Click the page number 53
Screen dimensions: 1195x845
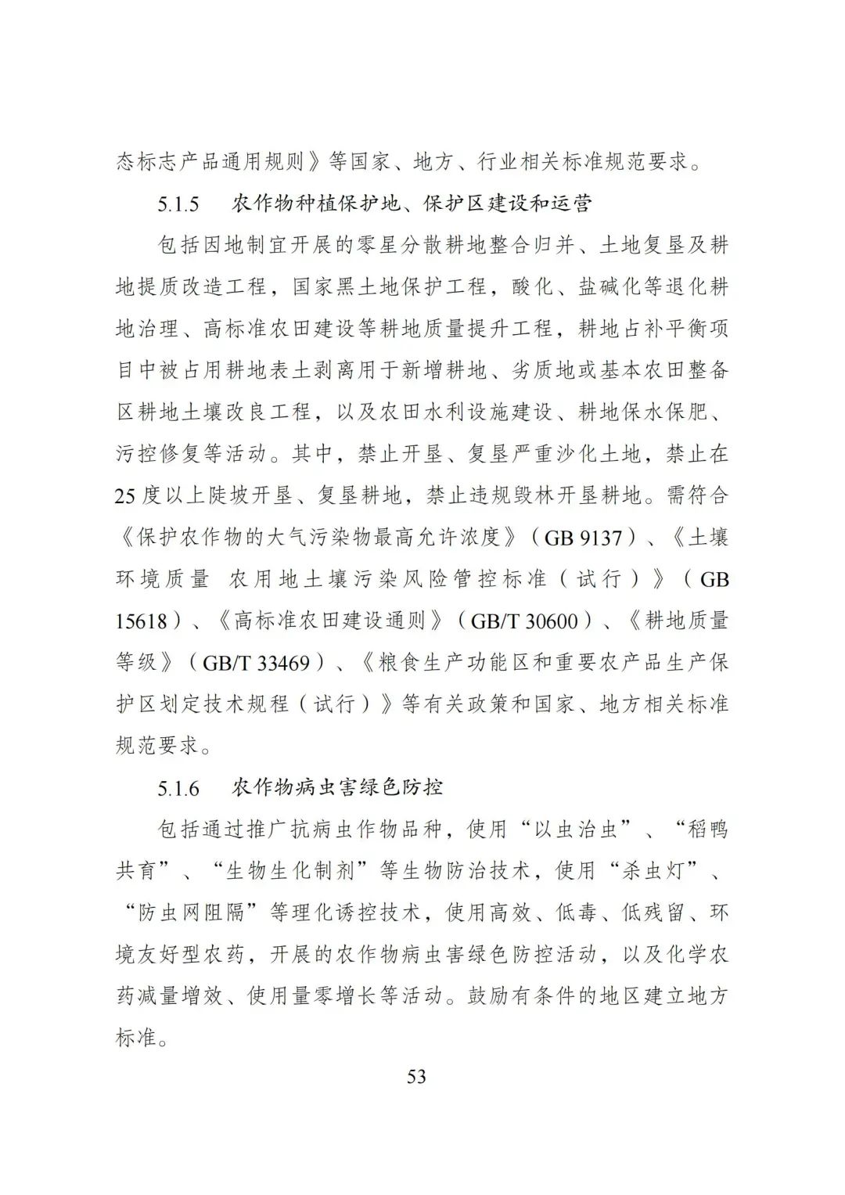(x=417, y=1077)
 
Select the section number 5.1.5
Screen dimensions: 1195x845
(x=178, y=204)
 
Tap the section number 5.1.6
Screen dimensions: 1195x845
(x=178, y=788)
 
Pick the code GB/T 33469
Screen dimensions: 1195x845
(x=256, y=663)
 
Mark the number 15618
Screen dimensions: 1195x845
(x=142, y=621)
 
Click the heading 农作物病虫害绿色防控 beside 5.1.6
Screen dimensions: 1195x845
(x=338, y=787)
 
